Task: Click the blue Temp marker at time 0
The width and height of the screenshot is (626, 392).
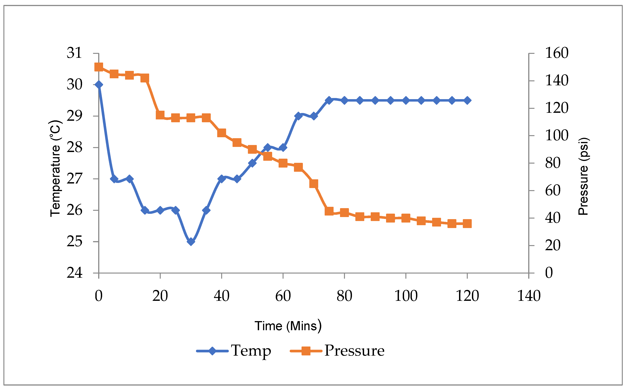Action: tap(99, 85)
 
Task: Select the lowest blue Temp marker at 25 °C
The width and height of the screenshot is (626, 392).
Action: tap(191, 242)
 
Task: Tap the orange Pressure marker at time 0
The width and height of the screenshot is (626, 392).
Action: tap(99, 67)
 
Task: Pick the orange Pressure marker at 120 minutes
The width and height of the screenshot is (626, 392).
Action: tap(467, 223)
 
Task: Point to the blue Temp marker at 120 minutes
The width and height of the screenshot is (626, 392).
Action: tap(467, 100)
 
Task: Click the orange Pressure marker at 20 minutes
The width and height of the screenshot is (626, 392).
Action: tap(160, 115)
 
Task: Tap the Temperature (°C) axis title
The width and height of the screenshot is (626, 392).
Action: tap(55, 169)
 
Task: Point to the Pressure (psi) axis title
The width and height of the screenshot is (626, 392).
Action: tap(583, 176)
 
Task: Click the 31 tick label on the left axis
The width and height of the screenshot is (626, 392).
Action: tap(74, 53)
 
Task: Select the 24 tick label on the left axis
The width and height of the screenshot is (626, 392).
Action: tap(74, 273)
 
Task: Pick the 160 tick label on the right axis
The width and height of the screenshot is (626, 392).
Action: tap(556, 53)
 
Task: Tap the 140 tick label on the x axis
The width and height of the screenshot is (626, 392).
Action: tap(529, 296)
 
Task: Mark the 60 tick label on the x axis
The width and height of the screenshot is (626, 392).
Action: tap(283, 296)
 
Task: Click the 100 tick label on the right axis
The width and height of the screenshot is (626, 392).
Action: tap(556, 135)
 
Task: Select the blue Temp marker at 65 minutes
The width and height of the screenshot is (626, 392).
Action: tap(298, 116)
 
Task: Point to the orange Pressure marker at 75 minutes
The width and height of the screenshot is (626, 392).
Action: tap(329, 211)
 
